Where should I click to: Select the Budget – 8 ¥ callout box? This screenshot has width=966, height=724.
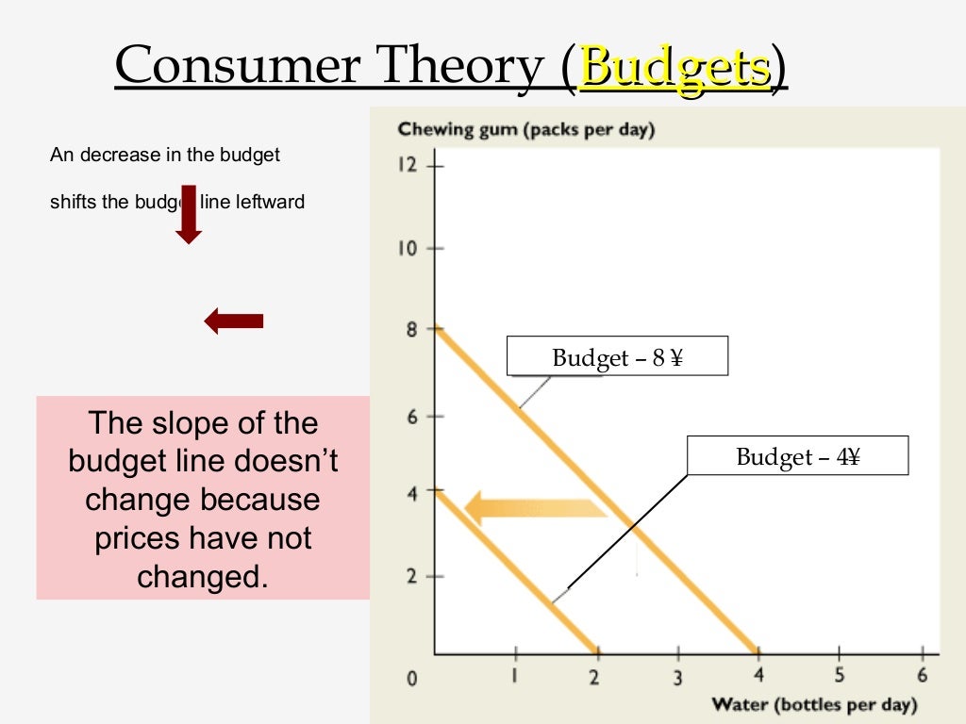(617, 357)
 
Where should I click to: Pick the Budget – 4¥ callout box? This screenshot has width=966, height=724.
(797, 456)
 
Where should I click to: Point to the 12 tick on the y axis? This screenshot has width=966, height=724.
(407, 165)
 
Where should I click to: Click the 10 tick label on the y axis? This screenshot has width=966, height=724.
(407, 249)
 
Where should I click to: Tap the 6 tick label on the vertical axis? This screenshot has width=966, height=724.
(411, 416)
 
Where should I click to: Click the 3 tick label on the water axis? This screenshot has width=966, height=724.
(677, 676)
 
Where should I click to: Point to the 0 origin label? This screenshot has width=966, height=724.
(411, 678)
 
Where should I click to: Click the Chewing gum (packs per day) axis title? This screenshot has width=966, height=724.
(525, 129)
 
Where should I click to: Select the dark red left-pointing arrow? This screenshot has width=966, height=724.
(233, 321)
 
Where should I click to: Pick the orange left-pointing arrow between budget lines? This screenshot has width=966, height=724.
(536, 508)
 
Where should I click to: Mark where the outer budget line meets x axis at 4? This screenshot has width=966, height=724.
(758, 652)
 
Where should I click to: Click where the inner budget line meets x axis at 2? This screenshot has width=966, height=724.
(596, 652)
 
